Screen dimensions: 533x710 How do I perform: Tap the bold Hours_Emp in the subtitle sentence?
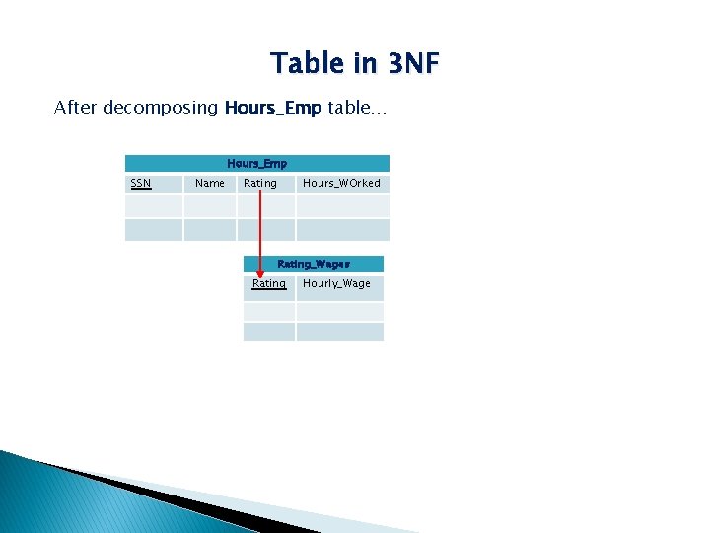click(x=272, y=108)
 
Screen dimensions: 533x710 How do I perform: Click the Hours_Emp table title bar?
click(x=256, y=164)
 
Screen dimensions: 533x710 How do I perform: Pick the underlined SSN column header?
click(x=141, y=183)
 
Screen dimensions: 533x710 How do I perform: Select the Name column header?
click(x=210, y=183)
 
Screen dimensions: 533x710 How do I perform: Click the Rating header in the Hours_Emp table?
click(x=260, y=183)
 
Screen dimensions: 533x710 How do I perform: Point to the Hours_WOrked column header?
click(x=341, y=183)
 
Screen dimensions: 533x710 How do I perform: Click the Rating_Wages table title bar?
click(x=314, y=265)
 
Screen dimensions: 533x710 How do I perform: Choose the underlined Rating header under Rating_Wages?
click(x=268, y=284)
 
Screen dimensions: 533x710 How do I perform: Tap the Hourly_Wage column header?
click(x=337, y=284)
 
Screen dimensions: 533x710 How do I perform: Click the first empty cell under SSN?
click(x=154, y=206)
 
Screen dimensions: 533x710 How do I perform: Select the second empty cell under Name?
click(x=210, y=230)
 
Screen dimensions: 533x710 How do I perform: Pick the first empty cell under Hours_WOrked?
click(x=342, y=206)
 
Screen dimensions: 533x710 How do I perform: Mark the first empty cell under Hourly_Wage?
click(x=339, y=311)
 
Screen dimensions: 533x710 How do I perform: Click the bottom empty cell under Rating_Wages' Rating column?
click(x=269, y=332)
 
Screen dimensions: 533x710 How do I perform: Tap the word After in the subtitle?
click(x=73, y=108)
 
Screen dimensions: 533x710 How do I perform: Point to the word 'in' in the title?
click(x=365, y=64)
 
